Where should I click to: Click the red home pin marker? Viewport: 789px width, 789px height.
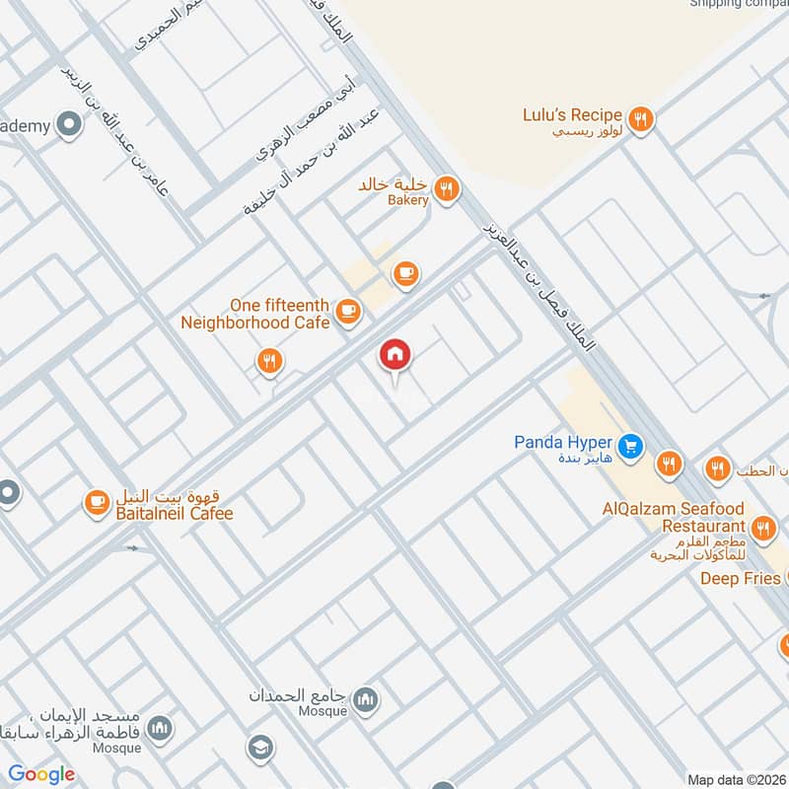tap(395, 356)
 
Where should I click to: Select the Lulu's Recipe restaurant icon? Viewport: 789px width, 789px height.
tap(641, 120)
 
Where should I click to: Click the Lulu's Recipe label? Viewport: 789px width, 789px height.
tap(572, 115)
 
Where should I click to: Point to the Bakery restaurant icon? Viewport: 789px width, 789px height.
tap(448, 189)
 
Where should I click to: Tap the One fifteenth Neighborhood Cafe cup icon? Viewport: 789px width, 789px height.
tap(347, 313)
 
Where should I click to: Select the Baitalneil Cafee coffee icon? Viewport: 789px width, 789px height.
tap(96, 503)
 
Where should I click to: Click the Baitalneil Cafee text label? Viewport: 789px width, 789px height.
tap(175, 514)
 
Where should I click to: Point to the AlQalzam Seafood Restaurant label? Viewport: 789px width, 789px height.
tap(674, 518)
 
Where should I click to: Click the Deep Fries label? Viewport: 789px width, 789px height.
tap(740, 578)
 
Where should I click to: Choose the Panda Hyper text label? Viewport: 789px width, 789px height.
tap(563, 443)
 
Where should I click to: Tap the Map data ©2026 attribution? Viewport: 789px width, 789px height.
tap(735, 779)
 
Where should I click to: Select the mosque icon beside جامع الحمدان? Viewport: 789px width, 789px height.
tap(366, 700)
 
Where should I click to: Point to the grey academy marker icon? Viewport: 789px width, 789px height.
tap(69, 124)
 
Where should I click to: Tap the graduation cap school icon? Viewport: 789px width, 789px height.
tap(261, 748)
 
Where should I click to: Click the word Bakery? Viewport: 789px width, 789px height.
tap(408, 200)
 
